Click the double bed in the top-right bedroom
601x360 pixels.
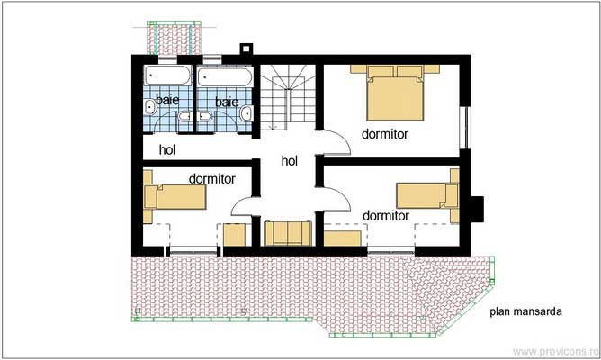click(394, 94)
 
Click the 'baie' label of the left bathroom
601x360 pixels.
click(166, 100)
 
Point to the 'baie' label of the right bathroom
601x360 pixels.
click(227, 103)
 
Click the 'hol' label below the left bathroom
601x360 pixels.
click(167, 149)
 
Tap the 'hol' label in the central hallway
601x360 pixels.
click(289, 161)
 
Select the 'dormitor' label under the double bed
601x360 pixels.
click(385, 134)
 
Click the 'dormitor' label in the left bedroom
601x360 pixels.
click(211, 178)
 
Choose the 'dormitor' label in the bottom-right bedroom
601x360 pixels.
click(386, 216)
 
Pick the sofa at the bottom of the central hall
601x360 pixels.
click(288, 232)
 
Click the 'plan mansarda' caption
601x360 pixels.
click(526, 312)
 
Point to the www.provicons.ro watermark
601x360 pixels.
click(554, 350)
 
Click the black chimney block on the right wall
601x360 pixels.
click(477, 208)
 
